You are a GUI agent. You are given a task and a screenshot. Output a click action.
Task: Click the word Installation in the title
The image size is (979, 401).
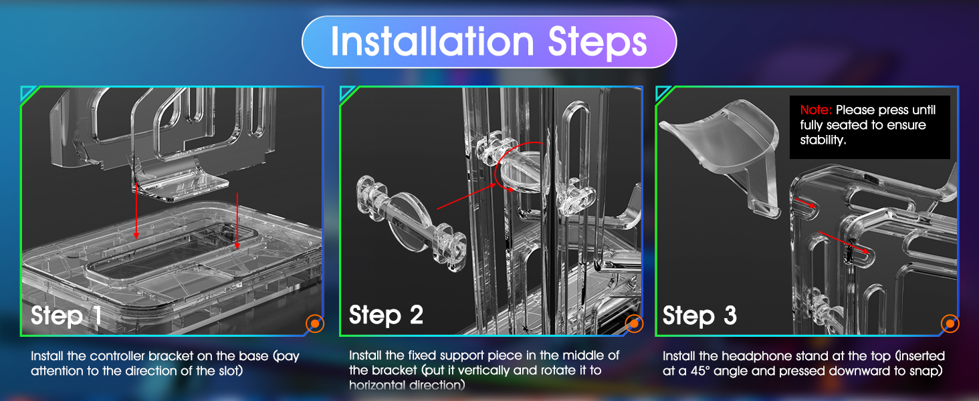point(432,41)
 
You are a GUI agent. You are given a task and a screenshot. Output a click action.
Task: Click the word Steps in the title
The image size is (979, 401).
point(597,42)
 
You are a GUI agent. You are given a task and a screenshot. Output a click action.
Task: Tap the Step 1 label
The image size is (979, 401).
point(66,315)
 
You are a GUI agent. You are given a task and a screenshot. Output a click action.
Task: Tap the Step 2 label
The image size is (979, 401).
point(386,315)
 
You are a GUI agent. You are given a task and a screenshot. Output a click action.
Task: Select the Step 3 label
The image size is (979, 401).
point(699,315)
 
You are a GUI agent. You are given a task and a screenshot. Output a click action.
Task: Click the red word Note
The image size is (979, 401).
point(816,110)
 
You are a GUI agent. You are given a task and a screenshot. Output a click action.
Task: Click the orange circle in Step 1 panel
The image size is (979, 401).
point(315,323)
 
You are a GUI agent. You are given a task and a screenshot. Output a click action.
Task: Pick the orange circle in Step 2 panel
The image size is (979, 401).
point(634,323)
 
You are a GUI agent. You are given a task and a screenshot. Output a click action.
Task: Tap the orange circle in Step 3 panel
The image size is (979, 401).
point(950,323)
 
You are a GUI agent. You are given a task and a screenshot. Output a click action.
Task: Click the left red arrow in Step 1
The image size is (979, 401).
point(136,211)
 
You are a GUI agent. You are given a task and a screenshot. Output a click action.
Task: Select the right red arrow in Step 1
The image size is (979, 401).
point(237,221)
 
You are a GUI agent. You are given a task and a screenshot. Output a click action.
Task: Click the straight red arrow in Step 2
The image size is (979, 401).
point(466,196)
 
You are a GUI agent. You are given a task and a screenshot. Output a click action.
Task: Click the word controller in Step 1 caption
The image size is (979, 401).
point(117,356)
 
